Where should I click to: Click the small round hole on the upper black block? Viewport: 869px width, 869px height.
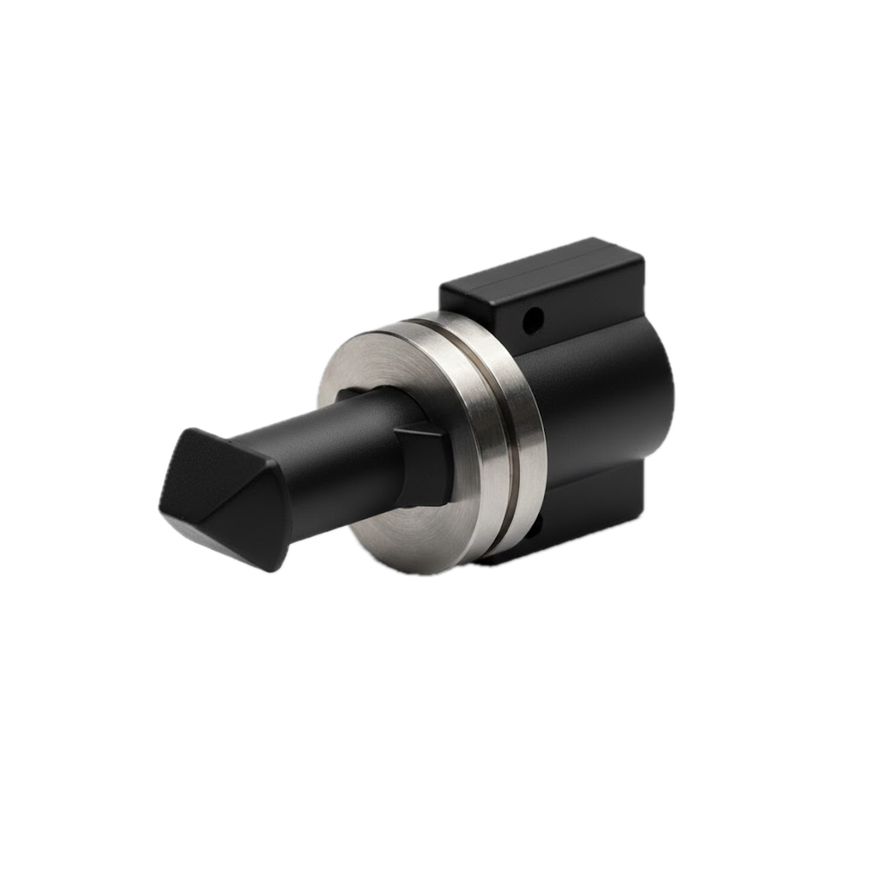533,320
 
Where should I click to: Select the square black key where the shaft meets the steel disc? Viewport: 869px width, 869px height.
423,464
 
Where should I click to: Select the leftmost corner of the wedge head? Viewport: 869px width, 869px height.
162,507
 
